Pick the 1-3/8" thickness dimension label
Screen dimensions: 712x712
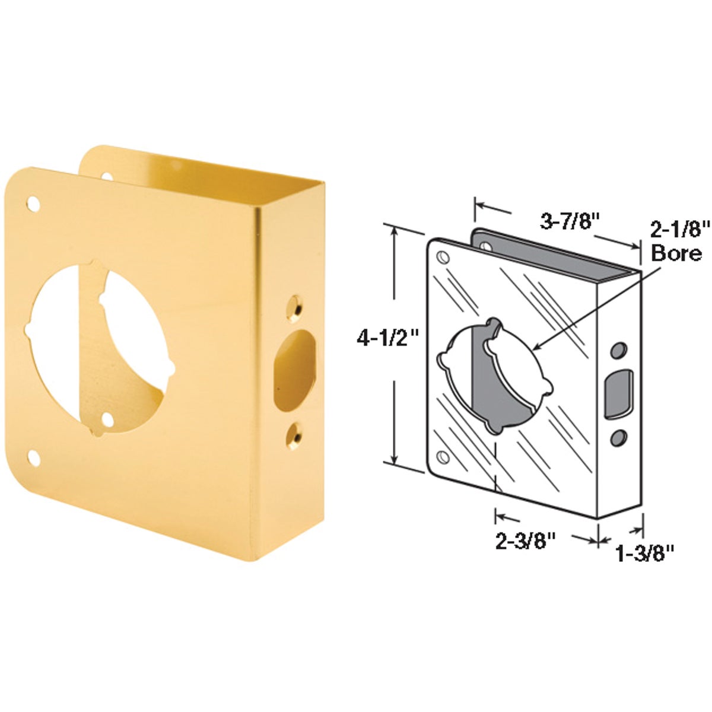(x=646, y=554)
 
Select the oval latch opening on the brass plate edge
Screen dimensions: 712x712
(x=294, y=368)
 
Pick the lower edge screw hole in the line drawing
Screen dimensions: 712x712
(x=617, y=438)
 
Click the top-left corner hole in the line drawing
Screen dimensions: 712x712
(x=442, y=257)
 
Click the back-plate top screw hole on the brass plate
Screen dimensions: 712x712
(x=107, y=176)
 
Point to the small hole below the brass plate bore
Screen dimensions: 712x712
(x=107, y=419)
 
